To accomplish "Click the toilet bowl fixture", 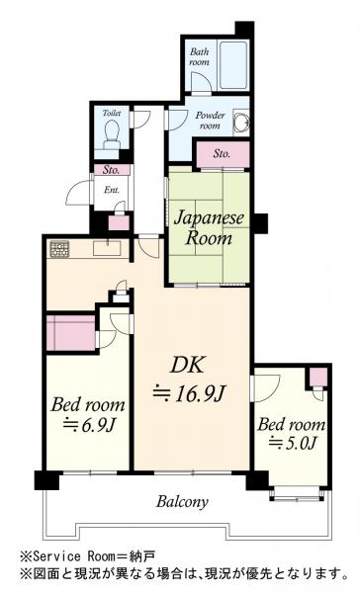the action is [x=112, y=134].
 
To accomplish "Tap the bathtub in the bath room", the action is [x=233, y=64].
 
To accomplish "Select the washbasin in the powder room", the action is [x=241, y=122].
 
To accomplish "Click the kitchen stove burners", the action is [x=59, y=249].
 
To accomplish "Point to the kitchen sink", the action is [x=107, y=248].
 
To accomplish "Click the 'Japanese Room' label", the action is [x=209, y=228].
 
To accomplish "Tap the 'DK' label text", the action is [x=187, y=366].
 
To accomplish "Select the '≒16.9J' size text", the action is [x=189, y=393].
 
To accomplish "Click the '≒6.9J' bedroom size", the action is [x=89, y=425].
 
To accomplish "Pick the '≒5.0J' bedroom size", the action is [x=292, y=443].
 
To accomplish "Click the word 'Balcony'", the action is [x=182, y=502].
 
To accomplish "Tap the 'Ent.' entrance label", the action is [x=112, y=190].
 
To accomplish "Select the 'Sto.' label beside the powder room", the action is [x=222, y=153].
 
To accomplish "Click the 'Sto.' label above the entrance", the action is [x=112, y=170].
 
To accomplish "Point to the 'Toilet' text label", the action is [x=112, y=113].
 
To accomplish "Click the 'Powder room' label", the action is [x=210, y=121].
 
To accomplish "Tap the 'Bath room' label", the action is [x=199, y=56].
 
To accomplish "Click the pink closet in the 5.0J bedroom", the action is [x=318, y=377].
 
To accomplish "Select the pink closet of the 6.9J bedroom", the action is [x=70, y=333].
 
